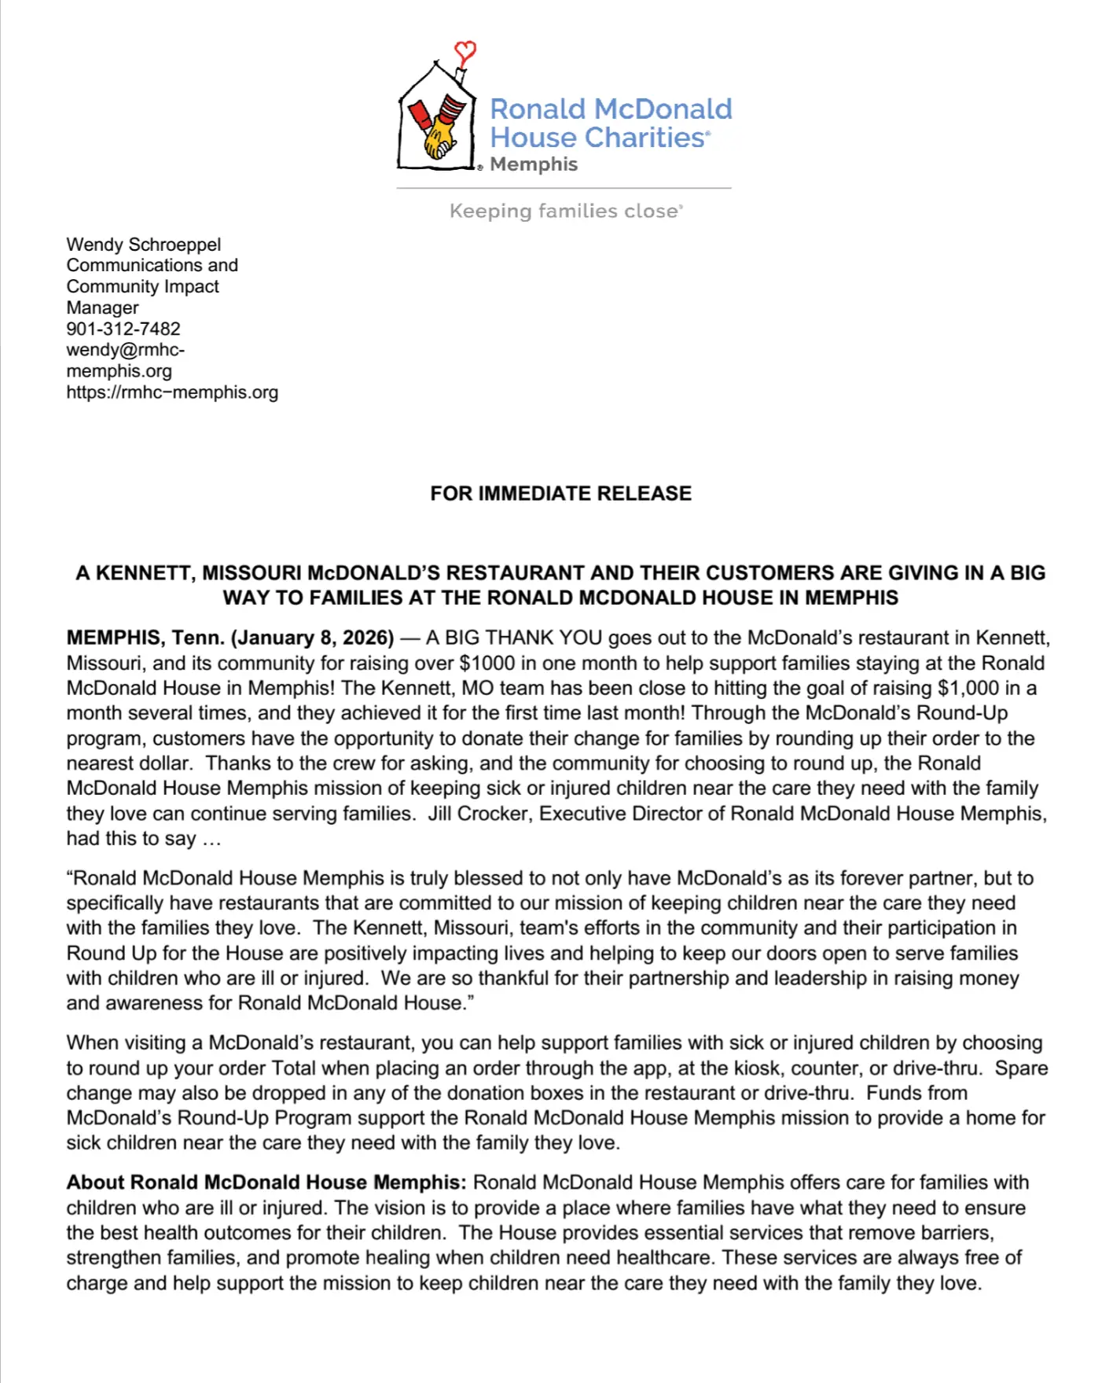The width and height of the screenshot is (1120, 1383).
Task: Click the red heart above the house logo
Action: (465, 53)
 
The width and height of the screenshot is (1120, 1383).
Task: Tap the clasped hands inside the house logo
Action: (439, 135)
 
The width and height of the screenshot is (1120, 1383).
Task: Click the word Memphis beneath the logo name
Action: (534, 164)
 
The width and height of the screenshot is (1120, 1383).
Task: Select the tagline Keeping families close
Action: (566, 211)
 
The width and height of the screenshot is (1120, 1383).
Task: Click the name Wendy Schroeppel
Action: (144, 245)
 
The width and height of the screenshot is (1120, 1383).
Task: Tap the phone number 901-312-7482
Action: (123, 329)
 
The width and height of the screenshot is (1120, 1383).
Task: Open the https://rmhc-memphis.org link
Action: (172, 392)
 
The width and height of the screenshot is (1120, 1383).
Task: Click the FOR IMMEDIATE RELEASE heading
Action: (560, 493)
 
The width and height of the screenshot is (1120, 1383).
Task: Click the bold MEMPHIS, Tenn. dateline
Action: (145, 638)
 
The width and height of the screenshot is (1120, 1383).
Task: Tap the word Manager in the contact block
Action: (102, 307)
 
